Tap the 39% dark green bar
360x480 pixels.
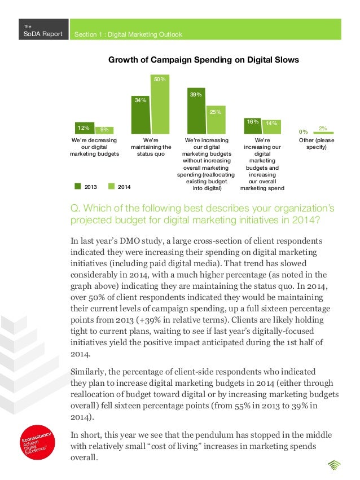tap(196, 112)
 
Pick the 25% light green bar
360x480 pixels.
tap(215, 120)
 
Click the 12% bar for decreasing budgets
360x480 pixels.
tap(84, 129)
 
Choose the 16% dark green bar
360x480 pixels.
tap(252, 126)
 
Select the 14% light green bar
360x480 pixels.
tap(272, 127)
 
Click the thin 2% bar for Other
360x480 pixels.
tap(323, 133)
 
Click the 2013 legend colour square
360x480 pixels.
tap(78, 186)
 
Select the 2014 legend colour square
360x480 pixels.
tap(111, 186)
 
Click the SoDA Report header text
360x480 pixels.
tap(39, 34)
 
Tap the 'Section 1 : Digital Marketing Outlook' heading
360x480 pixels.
tap(129, 35)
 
